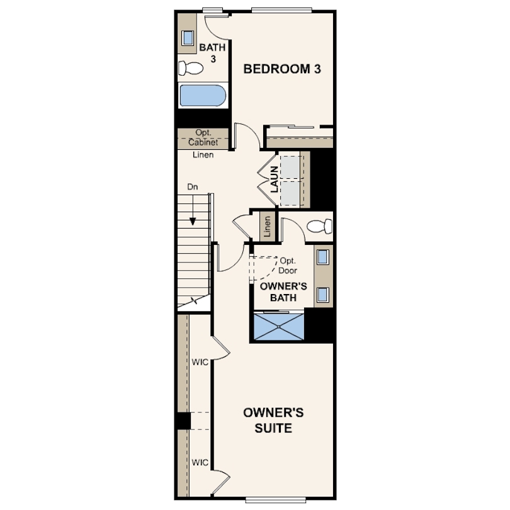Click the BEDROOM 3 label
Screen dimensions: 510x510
click(283, 69)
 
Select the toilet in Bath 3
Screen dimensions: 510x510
click(190, 68)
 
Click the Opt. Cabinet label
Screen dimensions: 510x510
click(203, 138)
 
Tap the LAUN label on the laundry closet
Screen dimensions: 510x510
click(275, 179)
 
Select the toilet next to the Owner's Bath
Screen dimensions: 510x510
click(320, 226)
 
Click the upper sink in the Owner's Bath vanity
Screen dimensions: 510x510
click(322, 257)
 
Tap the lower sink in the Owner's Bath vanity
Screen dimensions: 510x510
click(322, 293)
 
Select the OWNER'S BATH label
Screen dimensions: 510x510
click(283, 292)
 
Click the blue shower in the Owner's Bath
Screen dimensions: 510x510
click(278, 326)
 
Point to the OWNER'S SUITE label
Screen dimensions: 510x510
click(274, 421)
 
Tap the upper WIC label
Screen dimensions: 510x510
click(200, 362)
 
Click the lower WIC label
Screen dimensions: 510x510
click(200, 463)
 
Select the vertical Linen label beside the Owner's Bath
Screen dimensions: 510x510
click(268, 226)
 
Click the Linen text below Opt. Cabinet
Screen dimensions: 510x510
click(203, 154)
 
